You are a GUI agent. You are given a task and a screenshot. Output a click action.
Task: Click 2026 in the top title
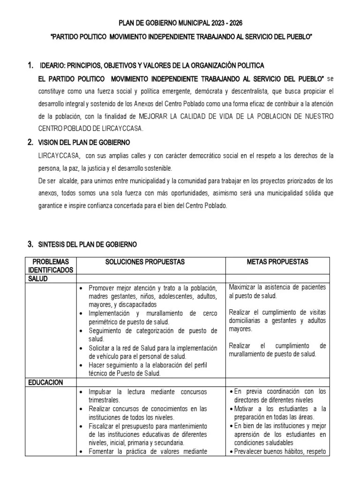234,22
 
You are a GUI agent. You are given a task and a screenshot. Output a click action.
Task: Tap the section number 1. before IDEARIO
30,65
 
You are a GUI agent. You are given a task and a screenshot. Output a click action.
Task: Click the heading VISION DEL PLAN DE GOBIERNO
85,142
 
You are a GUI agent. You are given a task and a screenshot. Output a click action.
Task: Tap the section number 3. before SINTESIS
30,244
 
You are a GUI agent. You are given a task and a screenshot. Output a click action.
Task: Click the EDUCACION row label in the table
45,382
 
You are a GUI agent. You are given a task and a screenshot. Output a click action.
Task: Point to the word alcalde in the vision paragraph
70,180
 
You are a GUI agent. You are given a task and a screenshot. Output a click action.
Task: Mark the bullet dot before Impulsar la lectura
82,391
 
